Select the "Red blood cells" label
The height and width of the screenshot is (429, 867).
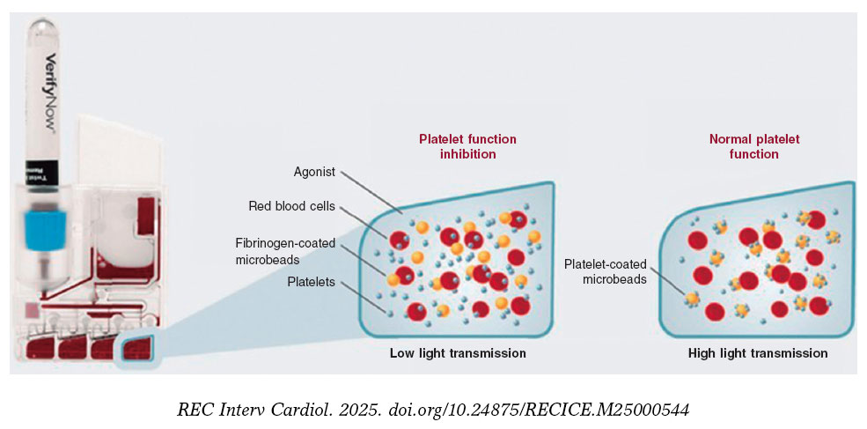(291, 206)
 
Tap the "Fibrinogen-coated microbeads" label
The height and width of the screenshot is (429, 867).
(285, 250)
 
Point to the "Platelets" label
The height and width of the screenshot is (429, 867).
(311, 282)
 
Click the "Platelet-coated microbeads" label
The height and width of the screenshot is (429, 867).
(606, 271)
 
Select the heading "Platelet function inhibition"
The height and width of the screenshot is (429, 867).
(467, 146)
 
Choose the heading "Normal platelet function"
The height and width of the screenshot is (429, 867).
(754, 146)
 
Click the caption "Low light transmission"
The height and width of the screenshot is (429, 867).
(458, 353)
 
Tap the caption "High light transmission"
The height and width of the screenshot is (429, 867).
(757, 353)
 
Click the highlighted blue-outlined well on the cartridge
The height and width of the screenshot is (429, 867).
(136, 349)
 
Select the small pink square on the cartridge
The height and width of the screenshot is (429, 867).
(32, 308)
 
